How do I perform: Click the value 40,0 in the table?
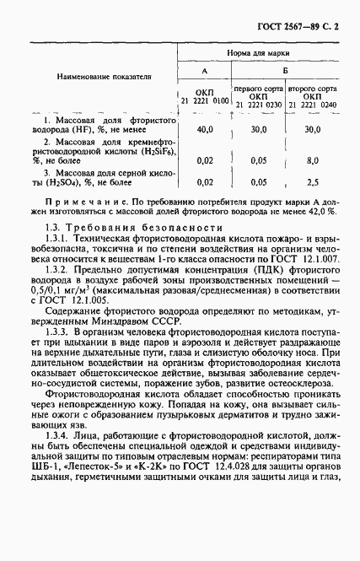pyautogui.click(x=204, y=130)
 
